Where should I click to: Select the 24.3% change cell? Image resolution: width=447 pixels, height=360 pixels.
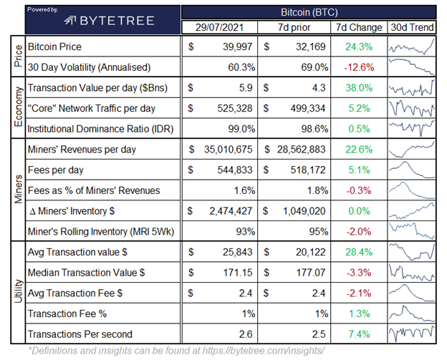359,47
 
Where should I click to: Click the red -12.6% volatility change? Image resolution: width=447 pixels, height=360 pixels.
359,67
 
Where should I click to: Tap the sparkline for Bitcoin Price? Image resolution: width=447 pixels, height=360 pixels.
411,47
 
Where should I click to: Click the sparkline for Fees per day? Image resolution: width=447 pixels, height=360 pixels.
411,170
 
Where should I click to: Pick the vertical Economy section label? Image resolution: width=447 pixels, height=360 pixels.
16,109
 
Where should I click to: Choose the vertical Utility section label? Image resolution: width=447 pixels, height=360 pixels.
16,283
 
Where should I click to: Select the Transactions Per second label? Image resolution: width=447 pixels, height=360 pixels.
81,334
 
